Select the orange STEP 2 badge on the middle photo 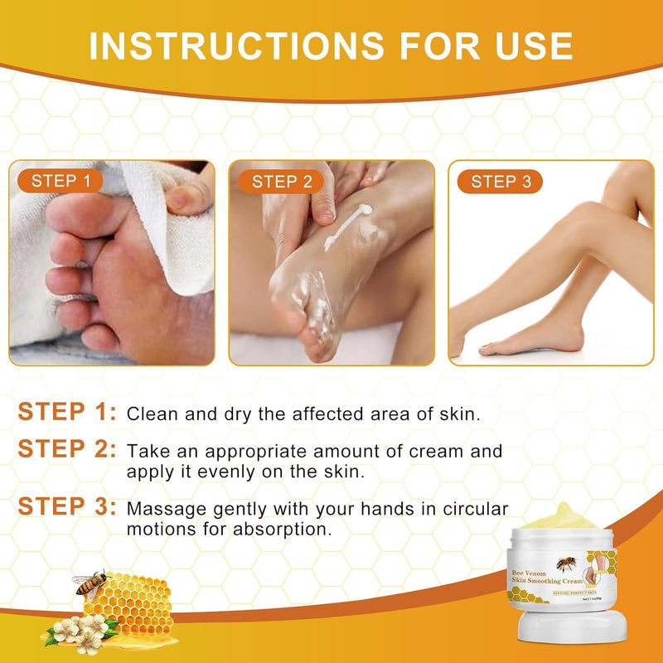(x=282, y=181)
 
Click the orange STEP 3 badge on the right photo (x=501, y=181)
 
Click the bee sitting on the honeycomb (x=90, y=584)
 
